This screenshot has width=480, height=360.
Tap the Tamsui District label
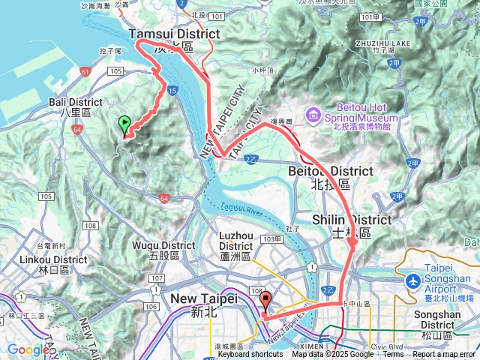click(x=174, y=34)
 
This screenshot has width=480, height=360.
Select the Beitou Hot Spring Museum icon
click(x=313, y=115)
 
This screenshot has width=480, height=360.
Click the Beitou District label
click(x=330, y=171)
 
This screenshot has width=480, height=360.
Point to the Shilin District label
click(x=351, y=220)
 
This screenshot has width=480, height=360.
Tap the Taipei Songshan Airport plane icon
click(x=412, y=280)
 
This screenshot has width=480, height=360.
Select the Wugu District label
click(x=163, y=244)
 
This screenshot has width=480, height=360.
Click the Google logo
click(x=28, y=349)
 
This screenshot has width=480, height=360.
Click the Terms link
click(x=393, y=355)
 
